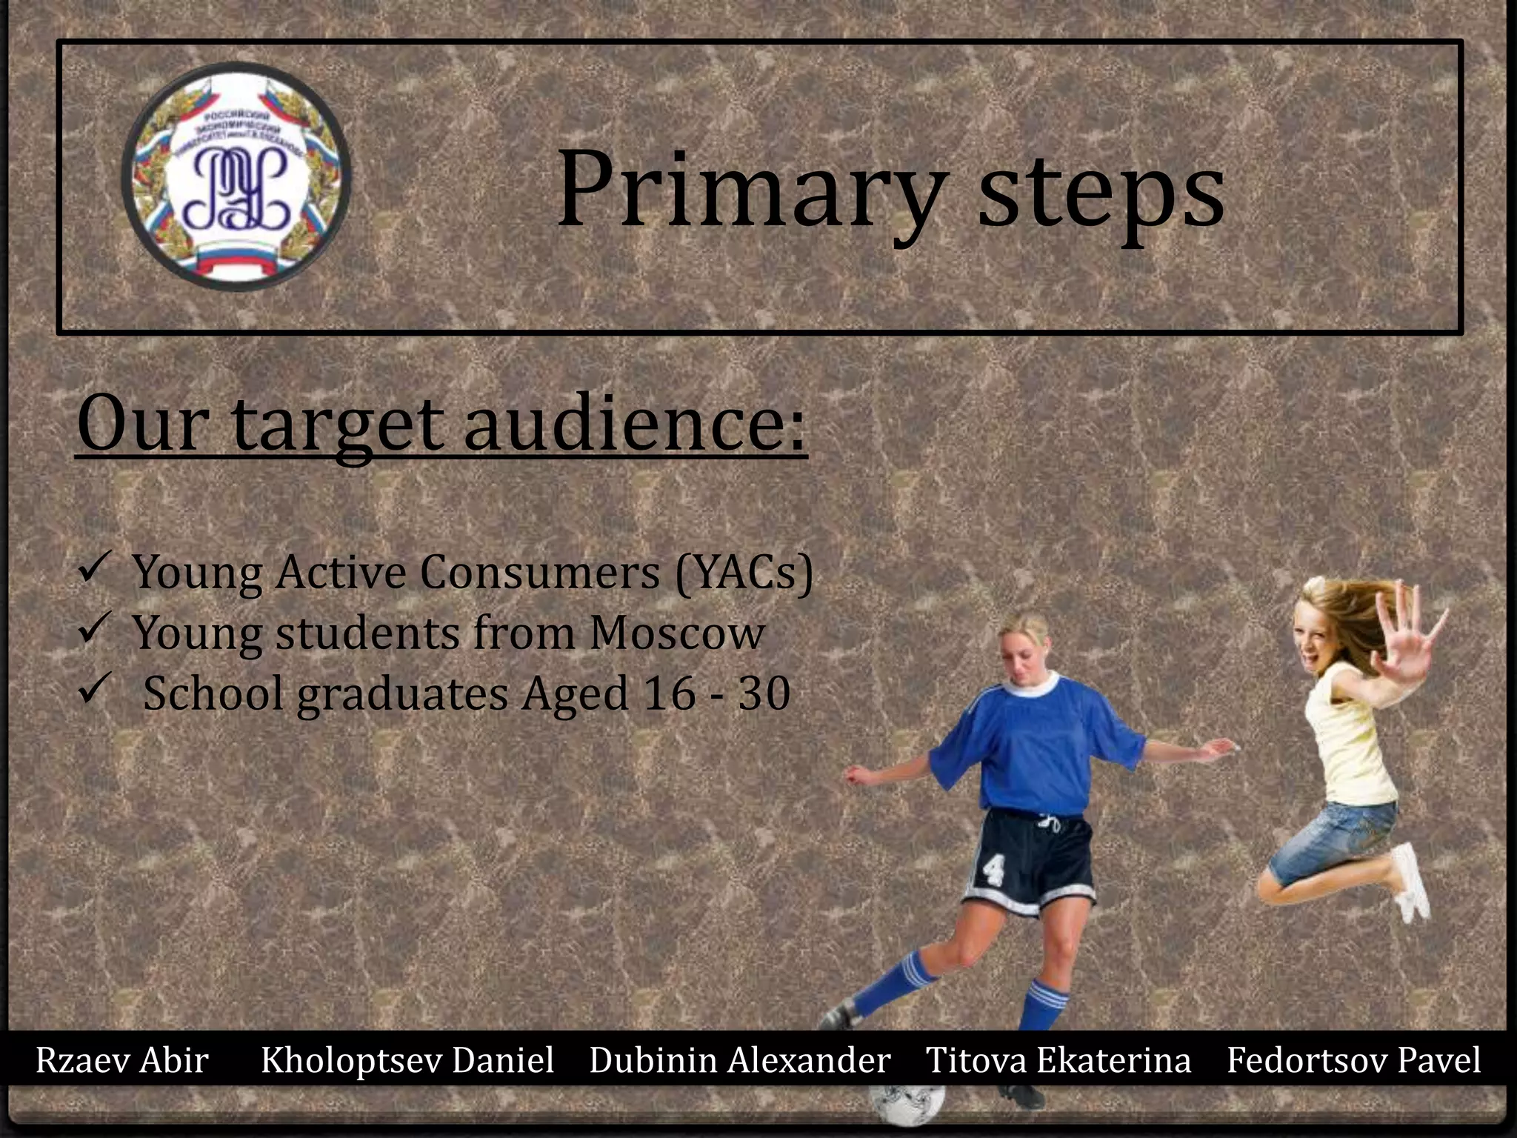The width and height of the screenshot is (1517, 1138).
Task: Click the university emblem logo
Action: click(236, 176)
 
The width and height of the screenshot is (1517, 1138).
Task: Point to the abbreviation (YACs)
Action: click(744, 573)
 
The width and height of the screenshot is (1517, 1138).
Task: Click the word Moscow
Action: click(677, 633)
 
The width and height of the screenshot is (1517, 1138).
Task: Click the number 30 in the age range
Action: click(764, 694)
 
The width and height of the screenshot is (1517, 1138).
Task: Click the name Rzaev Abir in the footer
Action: click(122, 1060)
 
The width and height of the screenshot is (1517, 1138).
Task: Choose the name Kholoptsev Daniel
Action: click(407, 1060)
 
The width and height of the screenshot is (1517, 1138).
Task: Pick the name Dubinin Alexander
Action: click(739, 1060)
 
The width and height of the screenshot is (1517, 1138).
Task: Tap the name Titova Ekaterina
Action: click(1058, 1060)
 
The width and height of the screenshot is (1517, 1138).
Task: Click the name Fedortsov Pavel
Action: click(1353, 1060)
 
